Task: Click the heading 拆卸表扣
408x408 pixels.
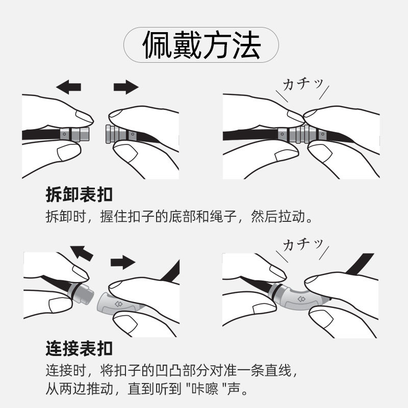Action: click(79, 195)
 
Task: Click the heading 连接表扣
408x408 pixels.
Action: click(79, 349)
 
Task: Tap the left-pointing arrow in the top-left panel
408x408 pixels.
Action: click(68, 87)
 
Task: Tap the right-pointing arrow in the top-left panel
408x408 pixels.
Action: click(126, 87)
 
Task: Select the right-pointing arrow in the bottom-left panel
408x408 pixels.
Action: click(123, 262)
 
